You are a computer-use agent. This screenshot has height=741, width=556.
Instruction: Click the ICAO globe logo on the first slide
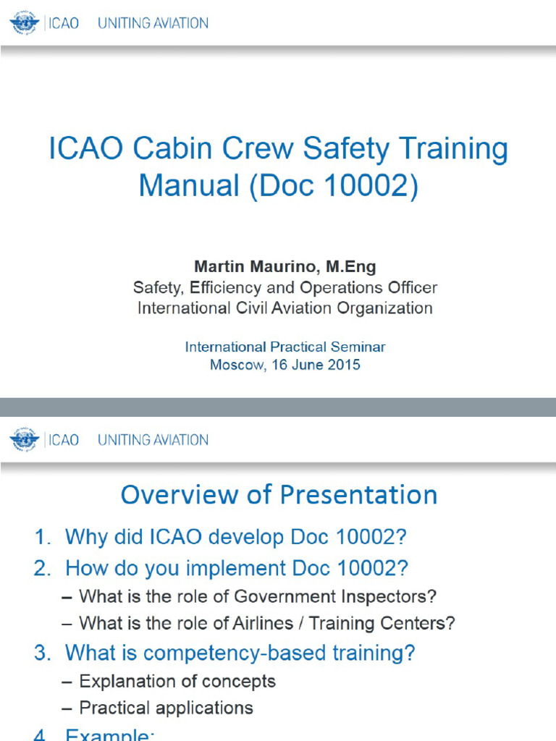pyautogui.click(x=24, y=23)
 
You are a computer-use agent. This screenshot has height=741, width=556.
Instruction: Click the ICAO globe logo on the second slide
pyautogui.click(x=24, y=439)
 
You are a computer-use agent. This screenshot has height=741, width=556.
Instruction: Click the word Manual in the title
pyautogui.click(x=189, y=185)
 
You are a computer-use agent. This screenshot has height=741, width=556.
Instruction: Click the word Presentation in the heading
pyautogui.click(x=358, y=495)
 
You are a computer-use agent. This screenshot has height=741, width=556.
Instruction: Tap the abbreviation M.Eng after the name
pyautogui.click(x=351, y=266)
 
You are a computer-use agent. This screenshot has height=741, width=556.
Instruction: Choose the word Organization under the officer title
pyautogui.click(x=381, y=308)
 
